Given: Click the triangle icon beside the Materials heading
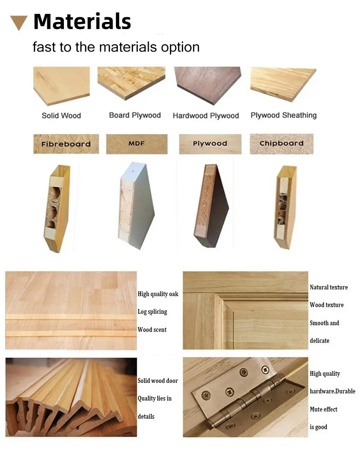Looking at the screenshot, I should (x=19, y=22).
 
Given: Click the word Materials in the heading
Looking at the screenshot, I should (x=82, y=21).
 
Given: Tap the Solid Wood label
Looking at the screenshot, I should (x=61, y=115).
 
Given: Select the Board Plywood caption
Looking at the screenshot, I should (x=135, y=115).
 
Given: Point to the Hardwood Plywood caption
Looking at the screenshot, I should (x=206, y=115).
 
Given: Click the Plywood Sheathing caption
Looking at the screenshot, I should (x=283, y=115).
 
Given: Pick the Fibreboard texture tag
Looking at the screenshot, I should (x=66, y=144).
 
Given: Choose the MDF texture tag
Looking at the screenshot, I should (x=136, y=144).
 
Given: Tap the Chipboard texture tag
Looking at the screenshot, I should (x=281, y=144).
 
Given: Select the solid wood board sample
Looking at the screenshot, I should (x=61, y=84).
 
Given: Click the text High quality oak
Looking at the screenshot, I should (x=158, y=294).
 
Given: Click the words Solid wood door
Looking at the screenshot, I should (x=157, y=381).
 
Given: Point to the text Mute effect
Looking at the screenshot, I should (x=323, y=409).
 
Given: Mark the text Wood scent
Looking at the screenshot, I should (x=152, y=329).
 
